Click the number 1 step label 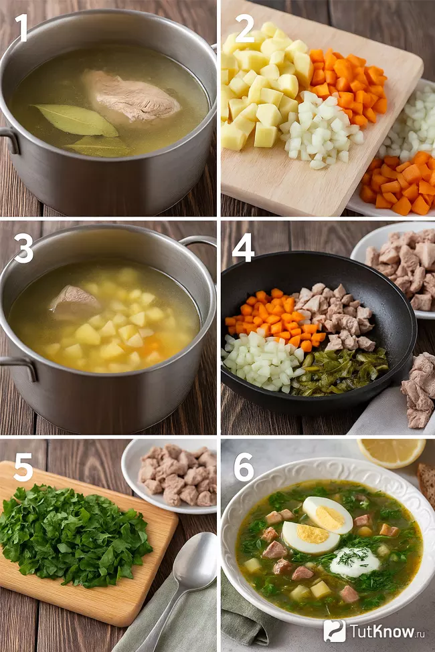pos(21,28)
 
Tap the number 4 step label pos(243,247)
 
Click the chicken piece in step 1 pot pos(131,96)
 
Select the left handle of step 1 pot pos(9,139)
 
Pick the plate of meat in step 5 pos(171,475)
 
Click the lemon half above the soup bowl pos(391,453)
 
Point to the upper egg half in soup pos(328,515)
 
